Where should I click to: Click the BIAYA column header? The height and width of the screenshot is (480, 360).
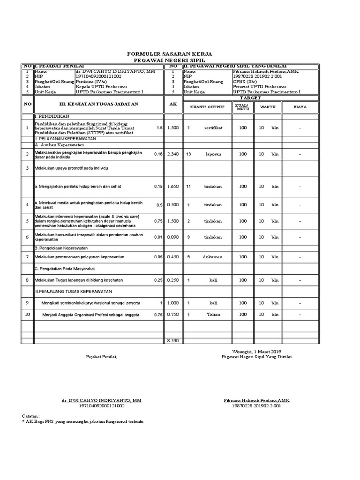coord(300,107)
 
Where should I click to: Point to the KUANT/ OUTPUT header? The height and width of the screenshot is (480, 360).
coord(207,107)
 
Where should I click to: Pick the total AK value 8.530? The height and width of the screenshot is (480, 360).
coord(173,340)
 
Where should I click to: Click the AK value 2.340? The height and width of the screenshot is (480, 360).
coord(173,153)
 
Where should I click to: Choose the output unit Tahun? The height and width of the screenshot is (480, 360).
coord(213,315)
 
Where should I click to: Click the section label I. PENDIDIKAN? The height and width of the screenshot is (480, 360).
coord(52,115)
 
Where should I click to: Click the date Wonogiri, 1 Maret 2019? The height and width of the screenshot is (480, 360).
coord(256,351)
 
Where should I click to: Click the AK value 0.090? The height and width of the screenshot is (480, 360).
coord(173,237)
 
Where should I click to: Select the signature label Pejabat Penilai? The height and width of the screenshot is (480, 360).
coord(102,357)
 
